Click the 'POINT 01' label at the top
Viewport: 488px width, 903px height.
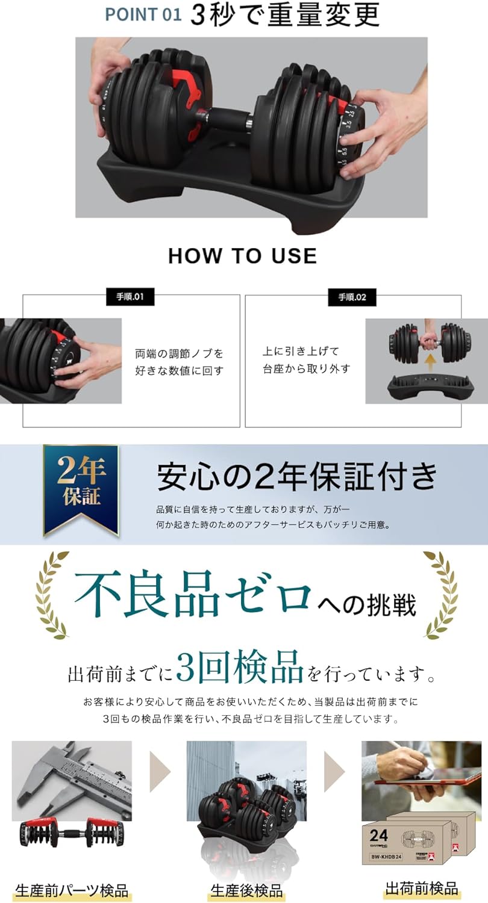coord(143,14)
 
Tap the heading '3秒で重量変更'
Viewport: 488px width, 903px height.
coord(285,14)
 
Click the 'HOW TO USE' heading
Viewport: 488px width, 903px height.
coord(242,255)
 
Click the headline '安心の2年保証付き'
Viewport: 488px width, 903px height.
coord(297,477)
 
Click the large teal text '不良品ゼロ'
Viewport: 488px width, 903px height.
coord(193,592)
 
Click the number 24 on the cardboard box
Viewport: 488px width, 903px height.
coord(379,836)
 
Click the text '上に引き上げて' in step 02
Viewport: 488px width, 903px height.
coord(301,351)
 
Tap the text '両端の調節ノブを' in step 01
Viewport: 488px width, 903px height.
coord(179,353)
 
